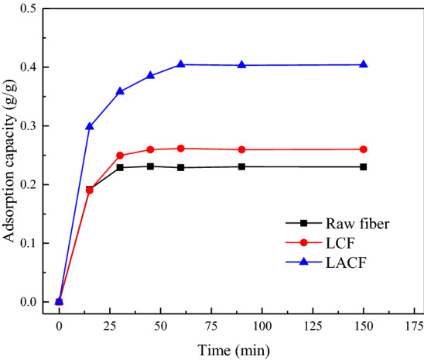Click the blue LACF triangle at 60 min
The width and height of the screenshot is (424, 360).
(x=181, y=64)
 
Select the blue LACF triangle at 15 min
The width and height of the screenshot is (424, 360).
(x=90, y=126)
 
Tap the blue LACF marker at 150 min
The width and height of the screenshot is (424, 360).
(x=364, y=64)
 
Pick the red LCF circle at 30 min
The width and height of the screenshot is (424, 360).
(x=120, y=156)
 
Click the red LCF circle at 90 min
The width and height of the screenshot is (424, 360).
(x=242, y=149)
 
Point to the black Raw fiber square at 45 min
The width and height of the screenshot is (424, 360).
(x=150, y=166)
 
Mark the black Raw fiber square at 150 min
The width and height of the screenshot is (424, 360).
(x=364, y=166)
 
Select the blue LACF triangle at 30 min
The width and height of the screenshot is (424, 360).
(x=120, y=91)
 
